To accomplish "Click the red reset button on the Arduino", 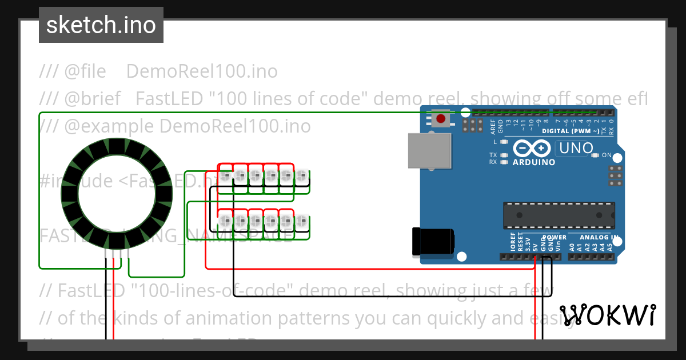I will (441, 119).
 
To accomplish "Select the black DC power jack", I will (433, 241).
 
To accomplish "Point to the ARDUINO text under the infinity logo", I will (534, 162).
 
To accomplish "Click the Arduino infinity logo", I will (533, 149).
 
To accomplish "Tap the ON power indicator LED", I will (595, 155).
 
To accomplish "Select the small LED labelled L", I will (504, 142).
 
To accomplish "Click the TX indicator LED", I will (504, 155).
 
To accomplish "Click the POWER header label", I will (553, 237).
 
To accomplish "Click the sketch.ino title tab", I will (101, 25).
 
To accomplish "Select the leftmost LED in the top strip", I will (226, 176).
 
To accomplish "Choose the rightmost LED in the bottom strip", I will (302, 220).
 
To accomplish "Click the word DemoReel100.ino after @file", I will (201, 71).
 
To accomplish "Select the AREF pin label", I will (493, 126).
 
